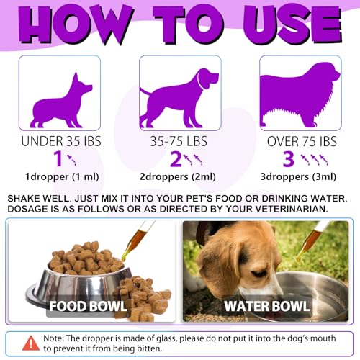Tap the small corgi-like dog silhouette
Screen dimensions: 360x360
click(60, 99)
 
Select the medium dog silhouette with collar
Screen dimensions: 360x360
click(179, 96)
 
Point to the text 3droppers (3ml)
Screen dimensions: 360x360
click(299, 177)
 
